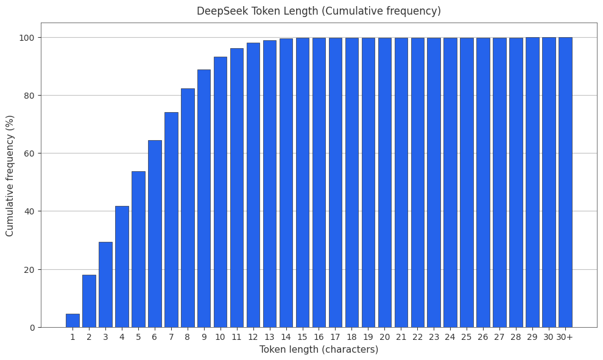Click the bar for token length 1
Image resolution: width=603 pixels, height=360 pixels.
pyautogui.click(x=72, y=320)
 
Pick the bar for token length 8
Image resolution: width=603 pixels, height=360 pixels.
pyautogui.click(x=188, y=208)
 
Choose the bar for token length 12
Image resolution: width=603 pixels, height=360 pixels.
pyautogui.click(x=253, y=185)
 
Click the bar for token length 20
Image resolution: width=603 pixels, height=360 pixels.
pyautogui.click(x=385, y=182)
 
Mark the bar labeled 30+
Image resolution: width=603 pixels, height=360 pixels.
pyautogui.click(x=565, y=182)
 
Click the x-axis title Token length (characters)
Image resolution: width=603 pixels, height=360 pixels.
pyautogui.click(x=319, y=350)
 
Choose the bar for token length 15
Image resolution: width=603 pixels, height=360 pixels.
pyautogui.click(x=303, y=182)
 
